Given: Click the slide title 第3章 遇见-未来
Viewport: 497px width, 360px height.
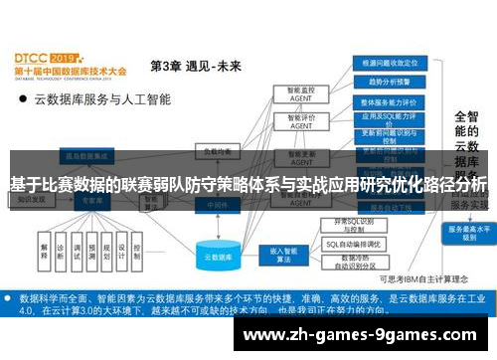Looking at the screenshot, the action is tap(196, 67).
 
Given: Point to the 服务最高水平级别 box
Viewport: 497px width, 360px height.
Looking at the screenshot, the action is tap(466, 232).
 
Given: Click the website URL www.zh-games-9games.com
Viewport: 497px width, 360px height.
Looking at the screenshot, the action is tap(367, 334).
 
